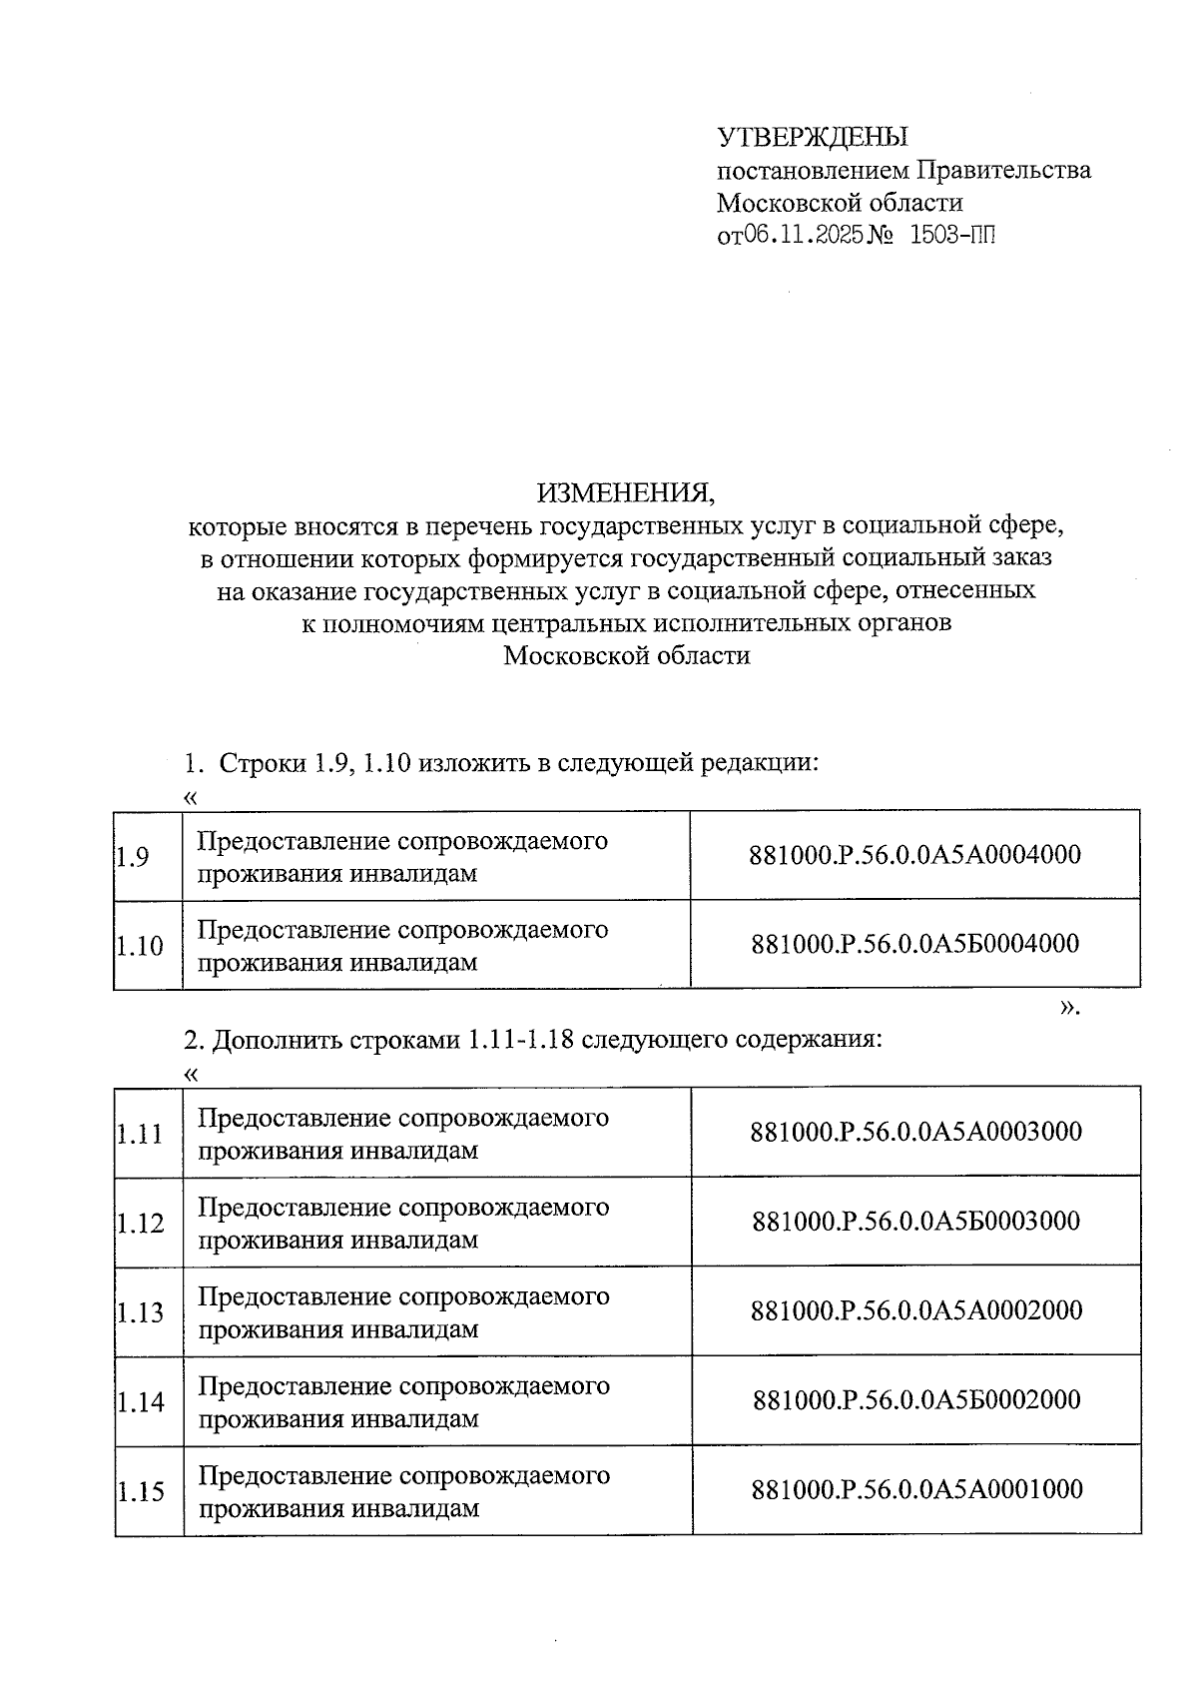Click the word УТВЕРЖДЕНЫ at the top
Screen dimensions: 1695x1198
tap(813, 137)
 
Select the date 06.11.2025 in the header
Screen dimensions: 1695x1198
tap(796, 236)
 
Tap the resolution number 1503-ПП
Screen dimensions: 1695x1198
tap(953, 236)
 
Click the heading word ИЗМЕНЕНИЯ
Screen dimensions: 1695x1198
tap(626, 492)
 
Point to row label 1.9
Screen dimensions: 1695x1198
tap(133, 857)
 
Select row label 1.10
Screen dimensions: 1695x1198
tap(140, 946)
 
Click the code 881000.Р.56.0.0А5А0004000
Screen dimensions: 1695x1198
tap(914, 855)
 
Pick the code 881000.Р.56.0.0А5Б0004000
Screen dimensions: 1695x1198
tap(914, 944)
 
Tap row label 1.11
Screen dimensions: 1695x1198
tap(140, 1134)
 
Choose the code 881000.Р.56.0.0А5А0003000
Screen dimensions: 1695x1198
tap(915, 1132)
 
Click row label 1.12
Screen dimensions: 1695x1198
tap(140, 1224)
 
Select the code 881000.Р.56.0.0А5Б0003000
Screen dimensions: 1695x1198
tap(915, 1221)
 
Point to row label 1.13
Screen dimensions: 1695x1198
tap(140, 1312)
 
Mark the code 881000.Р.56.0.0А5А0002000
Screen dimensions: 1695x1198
tap(915, 1310)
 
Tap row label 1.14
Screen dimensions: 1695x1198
tap(140, 1402)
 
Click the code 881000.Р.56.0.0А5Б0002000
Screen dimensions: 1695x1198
tap(916, 1399)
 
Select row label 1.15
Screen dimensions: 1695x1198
tap(140, 1492)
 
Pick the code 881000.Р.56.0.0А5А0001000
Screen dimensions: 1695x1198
tap(916, 1489)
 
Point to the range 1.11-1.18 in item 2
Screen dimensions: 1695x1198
tap(520, 1039)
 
